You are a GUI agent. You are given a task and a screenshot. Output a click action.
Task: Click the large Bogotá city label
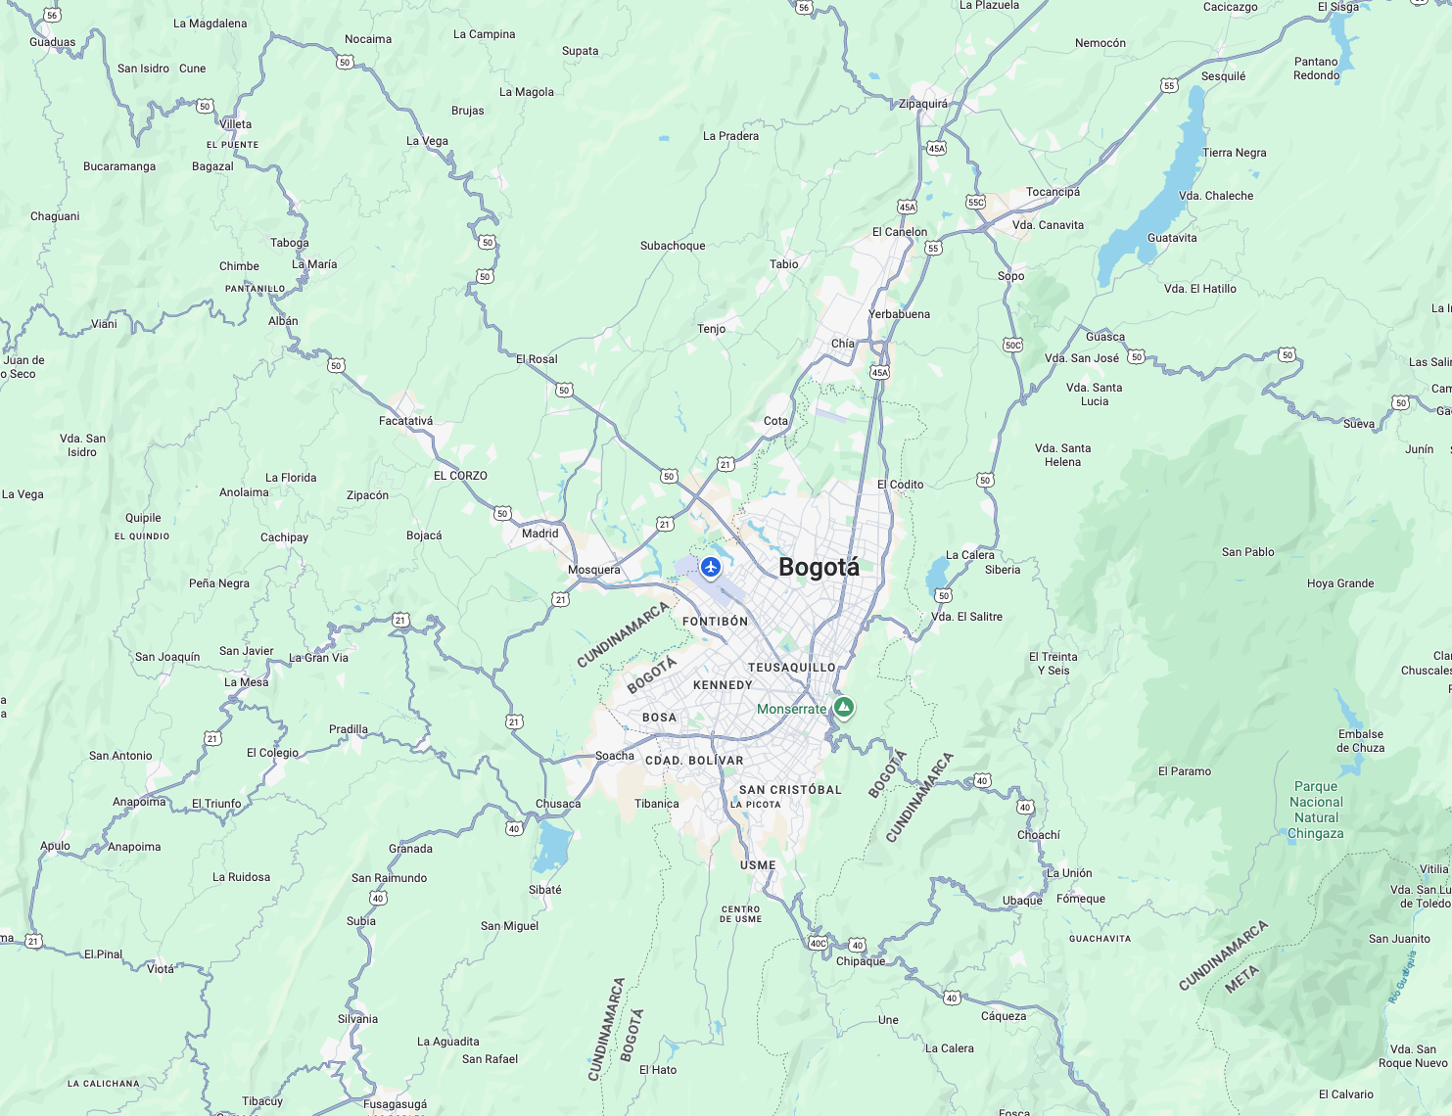[x=819, y=568]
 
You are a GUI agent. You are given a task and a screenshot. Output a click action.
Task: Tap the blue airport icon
[x=711, y=567]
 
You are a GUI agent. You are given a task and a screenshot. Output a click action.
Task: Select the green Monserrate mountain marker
[x=844, y=707]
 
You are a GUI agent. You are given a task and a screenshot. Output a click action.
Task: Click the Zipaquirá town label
[x=922, y=104]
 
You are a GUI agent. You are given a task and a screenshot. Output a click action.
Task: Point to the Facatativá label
[x=405, y=421]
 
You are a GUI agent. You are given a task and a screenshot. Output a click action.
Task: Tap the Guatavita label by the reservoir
[x=1172, y=238]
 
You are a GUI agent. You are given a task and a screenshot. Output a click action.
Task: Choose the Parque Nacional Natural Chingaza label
[x=1316, y=810]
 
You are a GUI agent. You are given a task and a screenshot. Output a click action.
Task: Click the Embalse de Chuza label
[x=1361, y=741]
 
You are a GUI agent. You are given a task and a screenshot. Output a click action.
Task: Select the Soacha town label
[x=615, y=756]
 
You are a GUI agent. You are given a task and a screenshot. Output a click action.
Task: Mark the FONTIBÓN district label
[x=715, y=622]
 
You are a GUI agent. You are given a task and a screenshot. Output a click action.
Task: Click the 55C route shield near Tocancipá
[x=975, y=203]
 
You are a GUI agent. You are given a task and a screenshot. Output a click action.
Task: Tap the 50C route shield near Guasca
[x=1012, y=345]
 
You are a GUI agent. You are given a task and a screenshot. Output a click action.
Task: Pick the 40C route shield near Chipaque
[x=818, y=944]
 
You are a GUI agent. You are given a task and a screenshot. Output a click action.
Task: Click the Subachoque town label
[x=673, y=246]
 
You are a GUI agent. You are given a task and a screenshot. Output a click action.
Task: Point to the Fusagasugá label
[x=395, y=1104]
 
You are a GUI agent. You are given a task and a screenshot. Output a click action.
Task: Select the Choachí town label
[x=1039, y=835]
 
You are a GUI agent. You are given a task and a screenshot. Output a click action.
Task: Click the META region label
[x=1241, y=979]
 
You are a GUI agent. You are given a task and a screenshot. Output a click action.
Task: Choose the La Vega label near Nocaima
[x=427, y=141]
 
